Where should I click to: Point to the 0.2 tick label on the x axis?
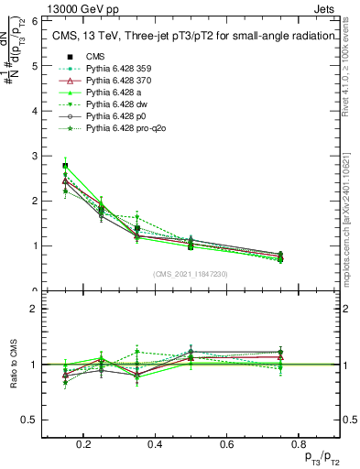[84, 444]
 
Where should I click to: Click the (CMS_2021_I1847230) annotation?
[191, 275]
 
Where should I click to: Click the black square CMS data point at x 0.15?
[65, 166]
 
